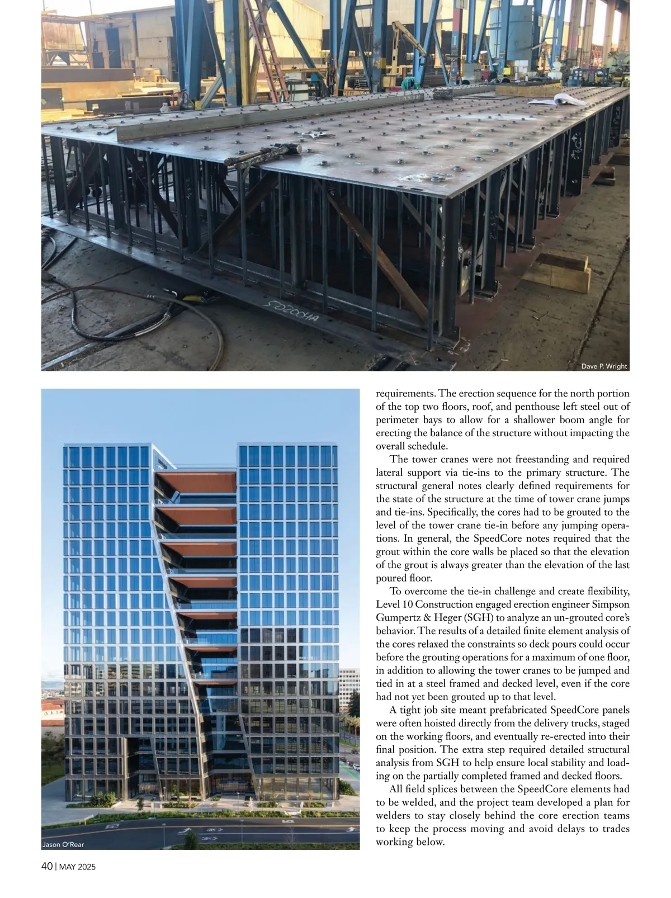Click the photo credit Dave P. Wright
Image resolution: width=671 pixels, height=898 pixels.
coord(604,367)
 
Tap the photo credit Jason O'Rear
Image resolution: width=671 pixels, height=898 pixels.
coord(63,844)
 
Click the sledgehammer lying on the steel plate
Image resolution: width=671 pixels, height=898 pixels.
coord(263,155)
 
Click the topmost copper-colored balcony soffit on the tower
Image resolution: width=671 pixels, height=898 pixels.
coord(195,481)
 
